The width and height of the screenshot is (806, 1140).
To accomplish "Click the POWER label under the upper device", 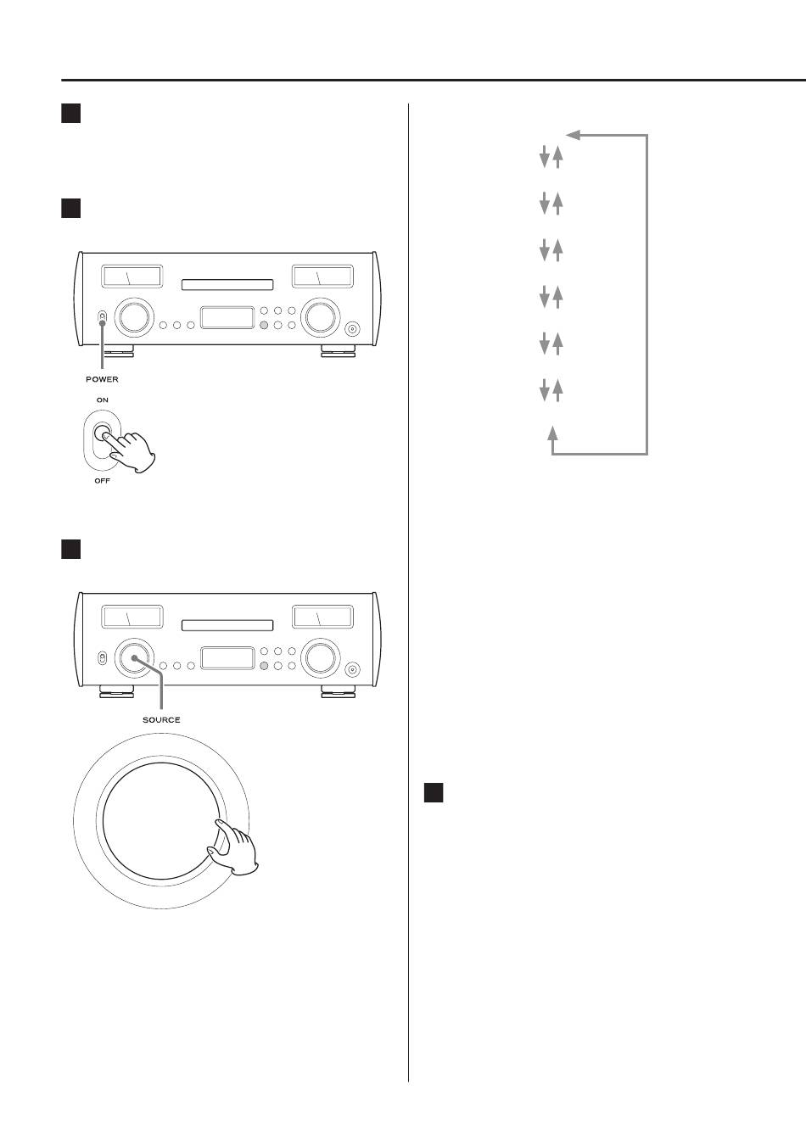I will (x=102, y=379).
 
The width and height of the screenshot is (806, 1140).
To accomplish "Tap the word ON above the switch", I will (x=102, y=400).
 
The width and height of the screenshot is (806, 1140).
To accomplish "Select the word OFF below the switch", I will (x=102, y=481).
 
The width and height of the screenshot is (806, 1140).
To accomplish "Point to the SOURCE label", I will (x=160, y=719).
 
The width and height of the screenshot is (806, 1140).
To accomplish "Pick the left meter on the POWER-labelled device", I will (x=132, y=277).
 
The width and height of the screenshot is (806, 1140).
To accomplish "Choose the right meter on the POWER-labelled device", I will (x=322, y=277).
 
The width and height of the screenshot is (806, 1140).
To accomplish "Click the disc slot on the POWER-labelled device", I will (x=227, y=285).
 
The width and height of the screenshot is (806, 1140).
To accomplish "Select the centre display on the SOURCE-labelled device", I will (x=227, y=658).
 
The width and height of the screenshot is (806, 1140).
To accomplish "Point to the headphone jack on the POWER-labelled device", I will (x=353, y=329).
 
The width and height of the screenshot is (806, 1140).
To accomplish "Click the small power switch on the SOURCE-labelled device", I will (x=102, y=658).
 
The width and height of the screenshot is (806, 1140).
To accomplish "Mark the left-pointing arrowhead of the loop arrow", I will (x=573, y=134).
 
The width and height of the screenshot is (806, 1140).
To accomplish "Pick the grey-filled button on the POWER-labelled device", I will (x=264, y=325).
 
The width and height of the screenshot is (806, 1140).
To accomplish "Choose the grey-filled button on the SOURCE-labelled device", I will (x=264, y=666).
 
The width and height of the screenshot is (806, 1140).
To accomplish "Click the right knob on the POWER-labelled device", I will (x=320, y=317).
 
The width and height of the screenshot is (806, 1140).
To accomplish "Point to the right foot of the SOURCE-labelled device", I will (x=337, y=692).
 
